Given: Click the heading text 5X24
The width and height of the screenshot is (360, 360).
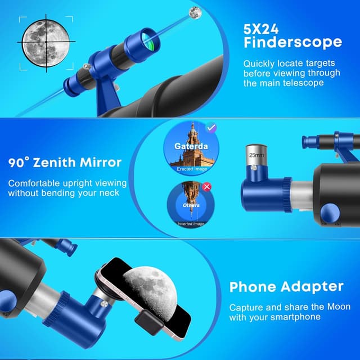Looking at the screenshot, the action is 261,29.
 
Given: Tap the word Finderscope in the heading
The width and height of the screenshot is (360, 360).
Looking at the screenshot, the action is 292,42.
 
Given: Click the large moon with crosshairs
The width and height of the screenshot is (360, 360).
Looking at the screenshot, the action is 46,43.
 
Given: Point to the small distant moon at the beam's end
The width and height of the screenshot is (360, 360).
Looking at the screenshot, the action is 195,12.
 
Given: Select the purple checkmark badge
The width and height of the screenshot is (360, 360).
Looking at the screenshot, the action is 211,127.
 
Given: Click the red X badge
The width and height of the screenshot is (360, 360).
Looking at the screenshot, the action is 206,187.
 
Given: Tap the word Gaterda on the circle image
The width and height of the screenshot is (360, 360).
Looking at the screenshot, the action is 191,146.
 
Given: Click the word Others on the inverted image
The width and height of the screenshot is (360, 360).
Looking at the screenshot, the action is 191,205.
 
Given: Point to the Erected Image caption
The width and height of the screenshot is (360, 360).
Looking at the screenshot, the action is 192,169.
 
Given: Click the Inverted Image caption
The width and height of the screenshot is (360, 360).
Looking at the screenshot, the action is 191,224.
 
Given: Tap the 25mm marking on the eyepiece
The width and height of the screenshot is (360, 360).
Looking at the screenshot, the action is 256,155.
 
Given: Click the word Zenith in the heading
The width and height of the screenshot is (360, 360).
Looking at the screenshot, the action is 54,163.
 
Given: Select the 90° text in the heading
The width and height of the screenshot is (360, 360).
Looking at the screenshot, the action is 19,163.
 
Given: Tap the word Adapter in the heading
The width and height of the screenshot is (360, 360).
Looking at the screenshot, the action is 312,287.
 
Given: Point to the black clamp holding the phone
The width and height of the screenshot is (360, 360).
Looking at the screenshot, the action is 149,322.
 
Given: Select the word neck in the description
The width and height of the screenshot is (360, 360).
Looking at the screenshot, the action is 109,193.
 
